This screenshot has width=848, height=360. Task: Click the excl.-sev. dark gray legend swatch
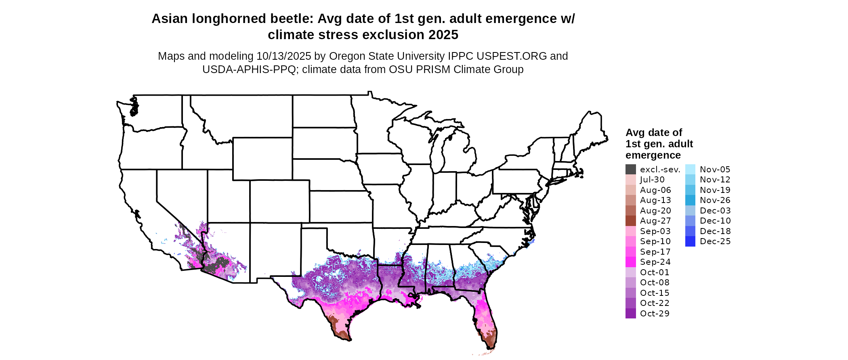(630, 170)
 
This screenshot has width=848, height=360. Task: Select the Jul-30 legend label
(652, 180)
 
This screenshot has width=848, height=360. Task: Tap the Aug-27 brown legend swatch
(630, 221)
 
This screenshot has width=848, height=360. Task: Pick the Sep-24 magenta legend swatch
(630, 262)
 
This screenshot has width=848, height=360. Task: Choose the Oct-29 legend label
(655, 314)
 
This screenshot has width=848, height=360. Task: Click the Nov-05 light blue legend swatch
(690, 170)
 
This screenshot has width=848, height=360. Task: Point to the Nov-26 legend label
(715, 200)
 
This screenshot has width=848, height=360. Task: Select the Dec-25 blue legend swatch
(690, 241)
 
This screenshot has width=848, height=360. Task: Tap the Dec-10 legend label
(715, 221)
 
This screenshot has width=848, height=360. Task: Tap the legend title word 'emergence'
(653, 155)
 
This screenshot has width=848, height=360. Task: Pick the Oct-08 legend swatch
(630, 283)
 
